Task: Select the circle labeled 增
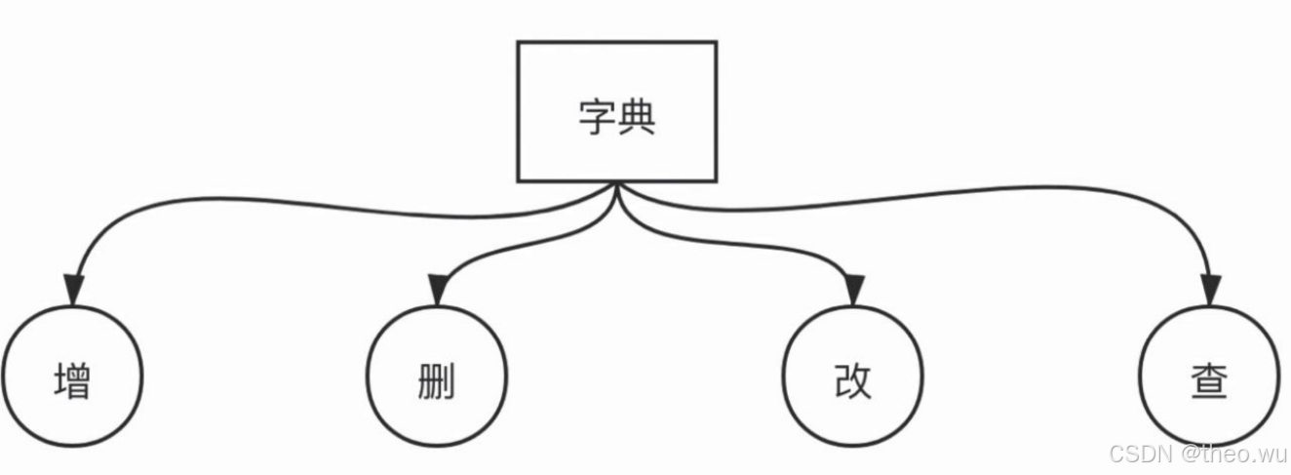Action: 72,376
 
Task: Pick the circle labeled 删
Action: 436,376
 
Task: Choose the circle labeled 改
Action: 853,376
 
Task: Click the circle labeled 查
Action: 1210,376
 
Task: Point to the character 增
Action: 72,380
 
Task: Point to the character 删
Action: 436,380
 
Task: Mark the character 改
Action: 853,380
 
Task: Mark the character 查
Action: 1210,380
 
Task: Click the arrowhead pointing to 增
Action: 73,291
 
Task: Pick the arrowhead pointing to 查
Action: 1210,291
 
